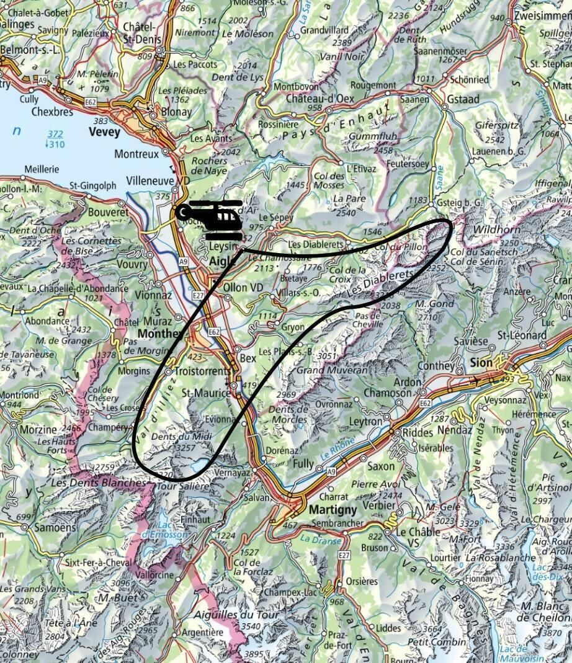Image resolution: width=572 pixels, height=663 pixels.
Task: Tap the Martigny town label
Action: point(333,510)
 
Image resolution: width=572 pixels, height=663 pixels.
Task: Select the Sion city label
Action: point(481,363)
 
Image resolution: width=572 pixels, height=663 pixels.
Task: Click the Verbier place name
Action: point(370,507)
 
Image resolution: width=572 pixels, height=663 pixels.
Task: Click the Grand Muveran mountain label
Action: point(324,371)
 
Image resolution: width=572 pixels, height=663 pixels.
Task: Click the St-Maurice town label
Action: point(205,393)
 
